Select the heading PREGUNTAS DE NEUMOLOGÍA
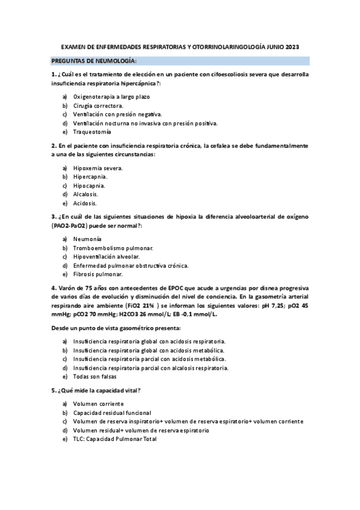pyautogui.click(x=94, y=61)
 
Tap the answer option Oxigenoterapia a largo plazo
pyautogui.click(x=111, y=96)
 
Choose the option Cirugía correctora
pyautogui.click(x=98, y=105)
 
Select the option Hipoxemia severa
pyautogui.click(x=98, y=168)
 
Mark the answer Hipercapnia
pyautogui.click(x=90, y=177)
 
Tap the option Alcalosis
pyautogui.click(x=85, y=194)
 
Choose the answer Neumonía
pyautogui.click(x=87, y=239)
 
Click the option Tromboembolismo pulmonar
pyautogui.click(x=113, y=248)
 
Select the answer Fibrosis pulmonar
pyautogui.click(x=98, y=274)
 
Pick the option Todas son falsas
pyautogui.click(x=95, y=376)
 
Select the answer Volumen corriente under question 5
pyautogui.click(x=99, y=404)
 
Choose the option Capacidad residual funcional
pyautogui.click(x=112, y=413)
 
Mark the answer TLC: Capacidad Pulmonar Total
pyautogui.click(x=115, y=439)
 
